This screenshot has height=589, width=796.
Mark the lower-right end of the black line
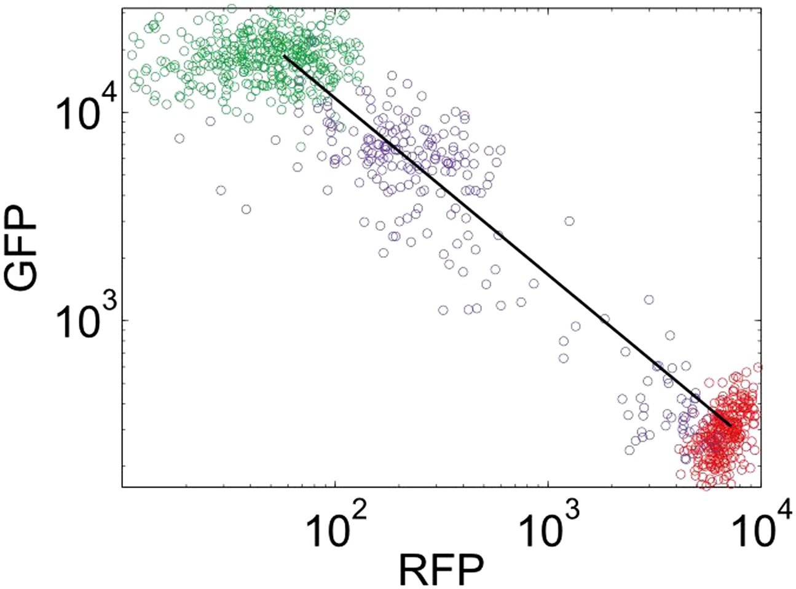click(x=730, y=426)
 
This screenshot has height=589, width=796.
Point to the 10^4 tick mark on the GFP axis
click(x=125, y=112)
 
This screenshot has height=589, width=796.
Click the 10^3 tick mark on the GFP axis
click(x=125, y=320)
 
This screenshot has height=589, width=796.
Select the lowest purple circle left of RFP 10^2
click(x=246, y=209)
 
